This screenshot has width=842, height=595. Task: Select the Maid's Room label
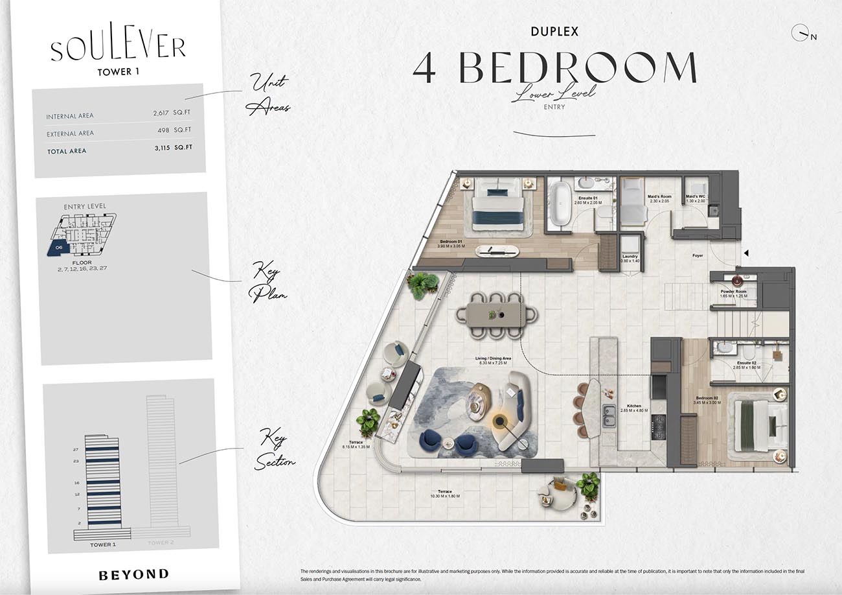coord(659,198)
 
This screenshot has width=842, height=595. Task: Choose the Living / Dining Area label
coord(494,360)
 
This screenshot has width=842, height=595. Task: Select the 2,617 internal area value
coord(161,113)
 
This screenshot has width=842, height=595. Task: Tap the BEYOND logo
coord(133,574)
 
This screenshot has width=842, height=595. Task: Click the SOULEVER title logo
coord(118,49)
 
